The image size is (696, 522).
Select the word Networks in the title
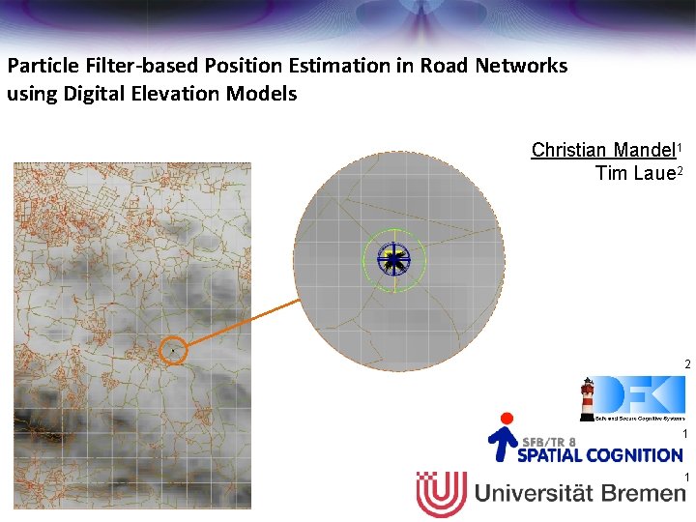pyautogui.click(x=521, y=67)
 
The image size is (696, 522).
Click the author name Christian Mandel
pyautogui.click(x=604, y=151)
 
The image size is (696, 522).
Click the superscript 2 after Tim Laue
pyautogui.click(x=681, y=170)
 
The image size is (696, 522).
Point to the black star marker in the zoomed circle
pyautogui.click(x=393, y=258)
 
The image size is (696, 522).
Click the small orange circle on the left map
pyautogui.click(x=172, y=350)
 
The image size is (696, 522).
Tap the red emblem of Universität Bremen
pyautogui.click(x=441, y=494)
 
